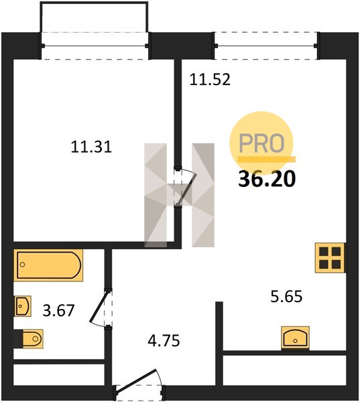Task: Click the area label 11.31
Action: (x=91, y=147)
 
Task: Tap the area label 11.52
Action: (x=210, y=80)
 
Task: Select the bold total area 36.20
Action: (x=267, y=179)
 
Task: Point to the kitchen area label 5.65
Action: (x=287, y=296)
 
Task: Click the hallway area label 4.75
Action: (x=164, y=341)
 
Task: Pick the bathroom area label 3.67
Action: (x=58, y=310)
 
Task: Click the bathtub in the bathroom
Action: (x=48, y=265)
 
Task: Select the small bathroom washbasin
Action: (x=23, y=306)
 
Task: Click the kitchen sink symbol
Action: (x=295, y=338)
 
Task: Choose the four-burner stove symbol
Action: (x=330, y=257)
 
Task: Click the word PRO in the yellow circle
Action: (x=261, y=143)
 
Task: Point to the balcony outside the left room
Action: (x=94, y=17)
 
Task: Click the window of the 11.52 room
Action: (x=266, y=46)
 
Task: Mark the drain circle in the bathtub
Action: (x=22, y=265)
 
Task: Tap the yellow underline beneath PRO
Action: (x=267, y=159)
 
